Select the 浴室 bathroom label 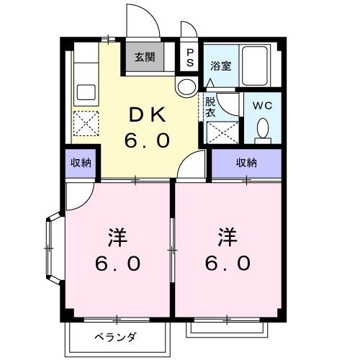pos(220,66)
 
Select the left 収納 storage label pos(81,163)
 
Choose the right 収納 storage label pos(247,163)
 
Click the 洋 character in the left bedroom pos(118,235)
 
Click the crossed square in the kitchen pos(87,125)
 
